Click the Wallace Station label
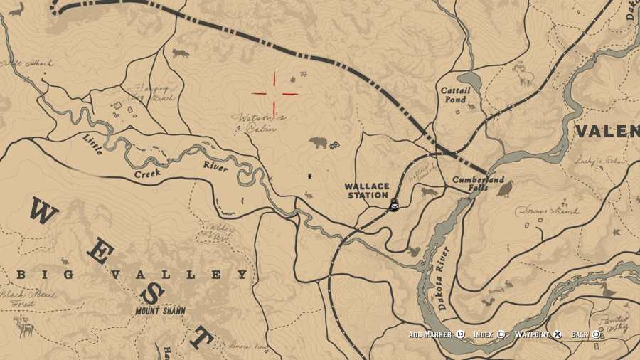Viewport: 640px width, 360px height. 367,191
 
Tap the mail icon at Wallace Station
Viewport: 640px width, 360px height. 394,206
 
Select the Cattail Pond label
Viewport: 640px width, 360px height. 455,95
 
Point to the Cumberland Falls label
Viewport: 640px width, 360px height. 479,184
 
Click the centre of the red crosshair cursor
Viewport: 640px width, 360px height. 274,93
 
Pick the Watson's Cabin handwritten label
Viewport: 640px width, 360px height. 258,122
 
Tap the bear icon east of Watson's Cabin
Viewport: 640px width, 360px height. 318,143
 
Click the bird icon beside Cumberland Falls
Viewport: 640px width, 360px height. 505,189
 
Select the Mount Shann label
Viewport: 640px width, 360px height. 160,311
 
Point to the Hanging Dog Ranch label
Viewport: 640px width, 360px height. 151,93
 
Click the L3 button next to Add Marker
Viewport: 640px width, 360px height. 460,334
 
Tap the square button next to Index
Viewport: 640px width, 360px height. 501,334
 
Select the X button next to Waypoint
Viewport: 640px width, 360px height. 558,334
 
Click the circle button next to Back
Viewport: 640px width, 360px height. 596,334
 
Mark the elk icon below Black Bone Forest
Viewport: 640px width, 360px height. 26,327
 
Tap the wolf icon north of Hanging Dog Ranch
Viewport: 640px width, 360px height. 181,53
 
